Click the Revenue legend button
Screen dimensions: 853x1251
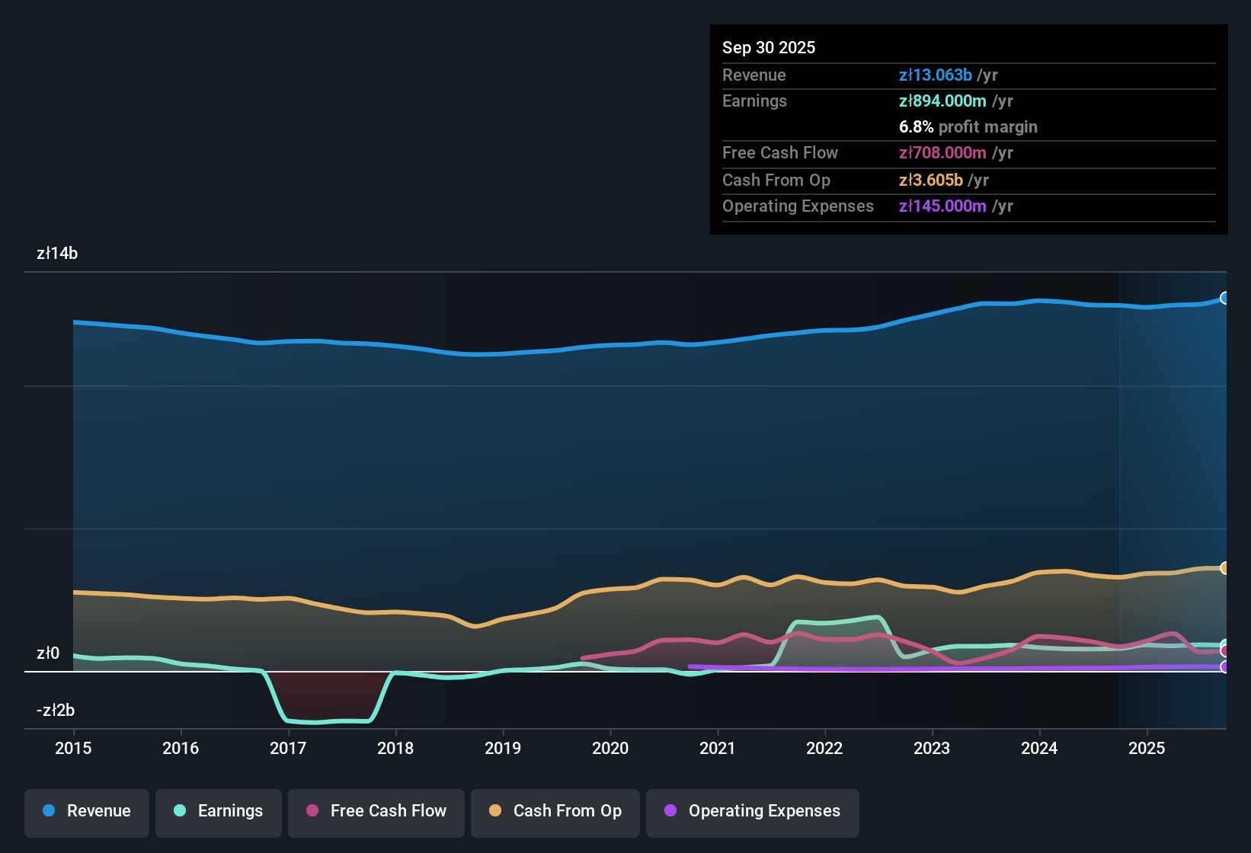click(x=87, y=811)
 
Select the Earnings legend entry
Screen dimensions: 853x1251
click(x=219, y=811)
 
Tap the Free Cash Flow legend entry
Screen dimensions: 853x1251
click(x=376, y=811)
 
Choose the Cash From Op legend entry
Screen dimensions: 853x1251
click(x=555, y=811)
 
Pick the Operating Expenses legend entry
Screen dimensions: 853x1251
click(x=753, y=811)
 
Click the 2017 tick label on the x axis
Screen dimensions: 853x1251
click(x=288, y=748)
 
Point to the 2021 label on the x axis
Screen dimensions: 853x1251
click(x=718, y=748)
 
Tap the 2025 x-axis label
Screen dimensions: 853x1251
click(x=1147, y=748)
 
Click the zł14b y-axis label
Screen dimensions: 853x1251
click(x=57, y=254)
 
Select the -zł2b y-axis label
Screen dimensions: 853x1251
click(x=56, y=711)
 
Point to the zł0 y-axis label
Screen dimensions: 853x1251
click(x=48, y=653)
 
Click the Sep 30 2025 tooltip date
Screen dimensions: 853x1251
click(x=769, y=47)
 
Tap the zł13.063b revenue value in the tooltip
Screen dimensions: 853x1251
click(x=936, y=75)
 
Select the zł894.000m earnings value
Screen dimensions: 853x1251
click(x=942, y=101)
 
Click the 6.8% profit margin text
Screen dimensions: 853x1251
click(x=968, y=127)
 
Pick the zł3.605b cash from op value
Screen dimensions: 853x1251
click(x=931, y=181)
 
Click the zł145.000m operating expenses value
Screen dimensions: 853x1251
click(x=942, y=206)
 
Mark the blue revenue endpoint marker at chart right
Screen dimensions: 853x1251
click(x=1224, y=298)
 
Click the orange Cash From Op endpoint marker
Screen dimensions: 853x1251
click(x=1224, y=568)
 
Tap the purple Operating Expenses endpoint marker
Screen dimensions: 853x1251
click(x=1224, y=667)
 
